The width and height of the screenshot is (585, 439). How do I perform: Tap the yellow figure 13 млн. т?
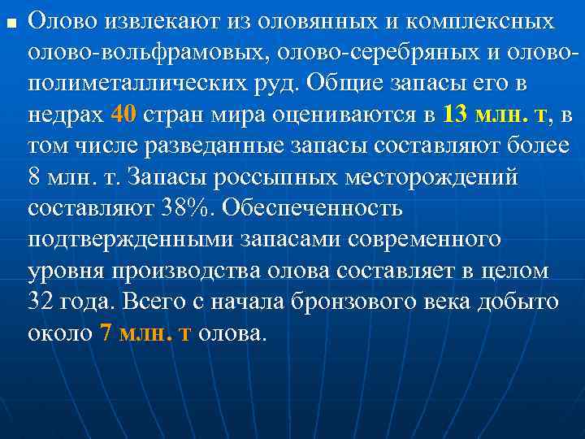coord(496,115)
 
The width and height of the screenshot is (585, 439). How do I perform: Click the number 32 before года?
coord(40,302)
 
